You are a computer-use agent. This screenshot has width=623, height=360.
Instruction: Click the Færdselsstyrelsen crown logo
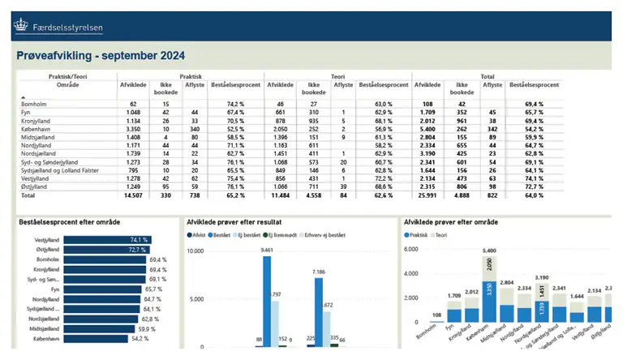click(x=19, y=27)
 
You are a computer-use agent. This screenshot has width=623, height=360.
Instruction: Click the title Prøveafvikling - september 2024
click(x=101, y=56)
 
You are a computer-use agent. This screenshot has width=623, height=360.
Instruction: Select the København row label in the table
click(x=35, y=128)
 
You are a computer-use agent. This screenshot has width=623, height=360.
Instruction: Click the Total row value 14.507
click(x=130, y=196)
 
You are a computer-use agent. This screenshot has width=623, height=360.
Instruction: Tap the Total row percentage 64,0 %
click(x=533, y=196)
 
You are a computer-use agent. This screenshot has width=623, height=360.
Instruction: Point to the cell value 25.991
click(x=428, y=196)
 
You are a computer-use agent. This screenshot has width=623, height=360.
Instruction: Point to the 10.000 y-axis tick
click(x=198, y=251)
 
